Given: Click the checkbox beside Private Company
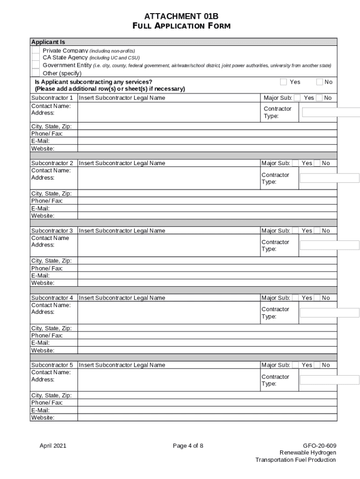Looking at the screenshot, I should (x=36, y=51).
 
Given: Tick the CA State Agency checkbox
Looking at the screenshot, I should (x=36, y=58).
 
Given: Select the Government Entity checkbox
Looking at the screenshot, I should (x=36, y=65).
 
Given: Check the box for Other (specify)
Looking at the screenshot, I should (x=36, y=73).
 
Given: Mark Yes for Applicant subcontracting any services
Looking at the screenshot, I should (x=283, y=82).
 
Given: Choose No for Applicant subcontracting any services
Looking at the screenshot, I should (x=320, y=82).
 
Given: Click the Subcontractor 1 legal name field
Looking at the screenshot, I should (x=168, y=98).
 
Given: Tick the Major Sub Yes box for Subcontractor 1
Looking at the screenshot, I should (x=297, y=98).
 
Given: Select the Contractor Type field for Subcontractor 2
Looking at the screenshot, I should (x=329, y=178).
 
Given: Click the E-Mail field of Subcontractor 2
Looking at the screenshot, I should (x=207, y=208).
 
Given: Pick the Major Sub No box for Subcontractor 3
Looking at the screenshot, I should (x=317, y=231).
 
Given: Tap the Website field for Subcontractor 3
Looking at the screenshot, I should (x=207, y=283).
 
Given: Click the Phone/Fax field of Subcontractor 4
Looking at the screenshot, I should (x=207, y=335).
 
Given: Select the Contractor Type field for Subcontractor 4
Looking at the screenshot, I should (x=329, y=312).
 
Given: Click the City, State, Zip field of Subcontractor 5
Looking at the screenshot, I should (x=207, y=395).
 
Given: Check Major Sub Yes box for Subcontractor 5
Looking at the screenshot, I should (x=295, y=365).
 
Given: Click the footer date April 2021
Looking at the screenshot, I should (x=53, y=445).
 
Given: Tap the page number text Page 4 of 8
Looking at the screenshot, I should (x=188, y=445).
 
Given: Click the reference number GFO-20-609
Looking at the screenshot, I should (x=319, y=445).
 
